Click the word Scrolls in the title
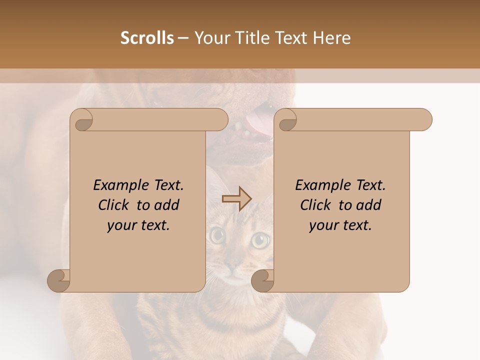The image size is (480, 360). (x=147, y=38)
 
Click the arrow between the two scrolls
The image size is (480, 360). (x=236, y=199)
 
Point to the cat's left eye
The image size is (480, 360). (x=217, y=235)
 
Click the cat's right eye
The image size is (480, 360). (x=259, y=240)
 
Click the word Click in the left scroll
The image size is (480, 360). (x=114, y=205)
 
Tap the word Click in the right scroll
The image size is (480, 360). (x=316, y=205)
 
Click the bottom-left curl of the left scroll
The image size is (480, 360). (x=59, y=280)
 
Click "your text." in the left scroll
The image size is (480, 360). (x=138, y=225)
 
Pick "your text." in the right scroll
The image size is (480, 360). (x=340, y=225)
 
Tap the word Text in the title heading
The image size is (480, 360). (x=291, y=38)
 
